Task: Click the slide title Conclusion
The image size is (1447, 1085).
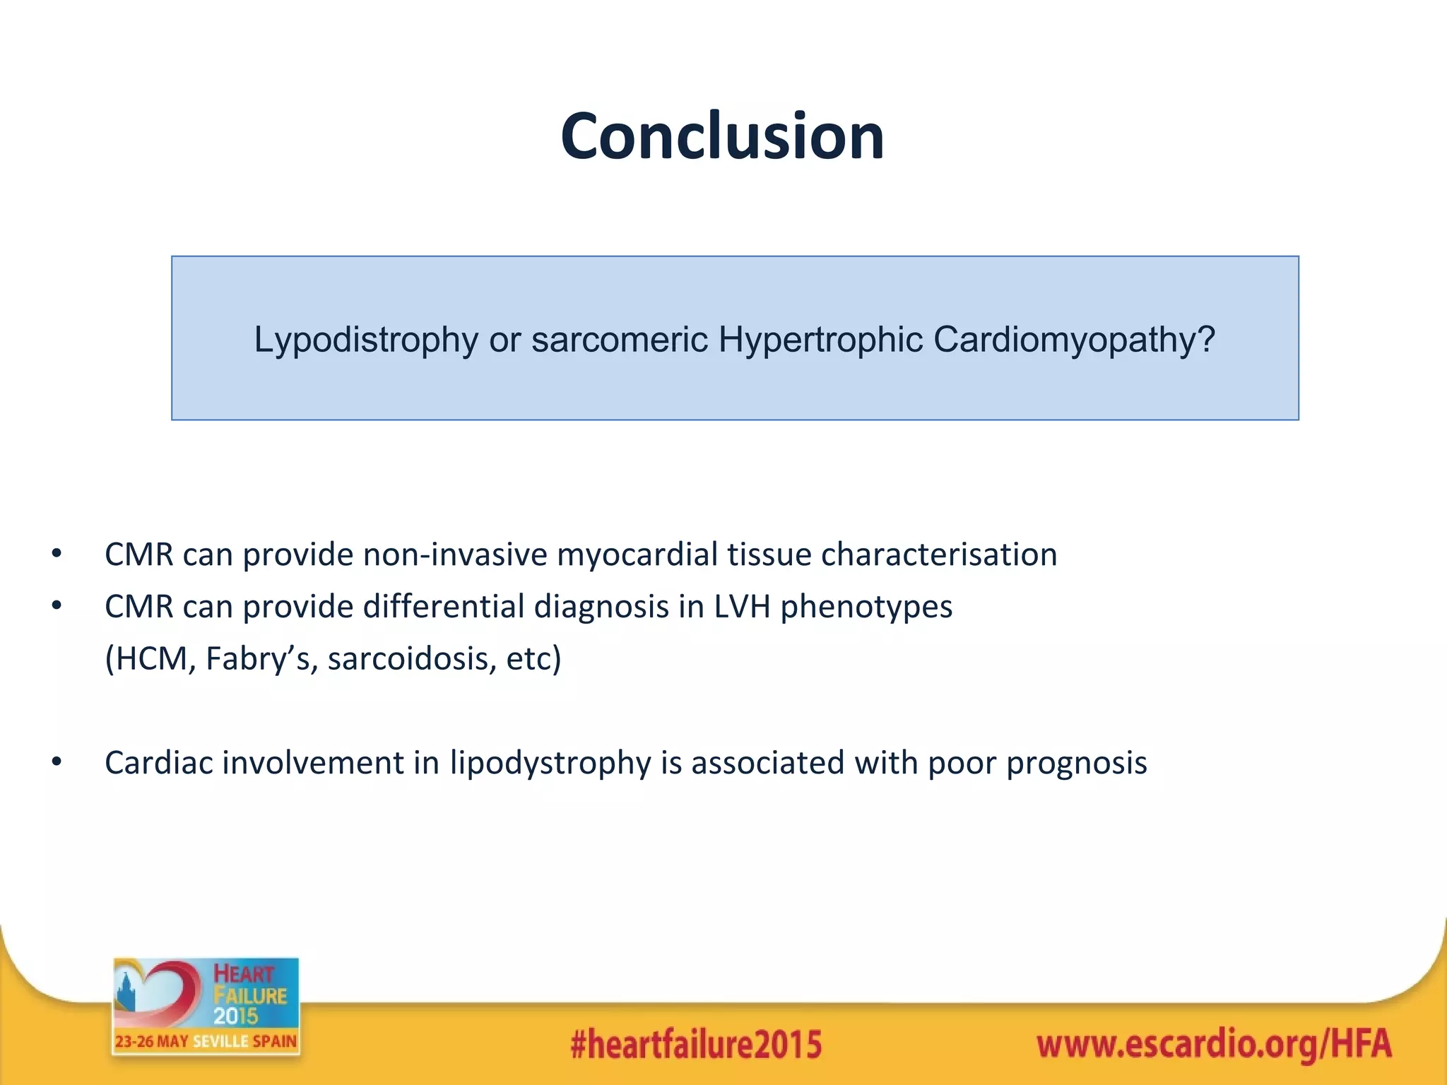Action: point(722,136)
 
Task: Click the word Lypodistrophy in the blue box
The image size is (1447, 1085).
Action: point(365,340)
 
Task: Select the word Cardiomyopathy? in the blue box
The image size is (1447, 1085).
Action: point(1074,340)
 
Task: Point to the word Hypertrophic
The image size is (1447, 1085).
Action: point(820,340)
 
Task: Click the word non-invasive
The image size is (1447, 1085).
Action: point(455,555)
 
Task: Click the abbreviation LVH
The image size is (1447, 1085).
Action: point(742,607)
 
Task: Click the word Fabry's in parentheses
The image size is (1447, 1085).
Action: point(261,659)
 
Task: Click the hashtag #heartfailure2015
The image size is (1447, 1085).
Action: point(696,1044)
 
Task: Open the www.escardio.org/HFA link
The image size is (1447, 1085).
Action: point(1214,1044)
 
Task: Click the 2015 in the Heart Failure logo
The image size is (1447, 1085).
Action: point(236,1016)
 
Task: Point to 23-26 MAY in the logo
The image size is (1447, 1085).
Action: point(152,1041)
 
